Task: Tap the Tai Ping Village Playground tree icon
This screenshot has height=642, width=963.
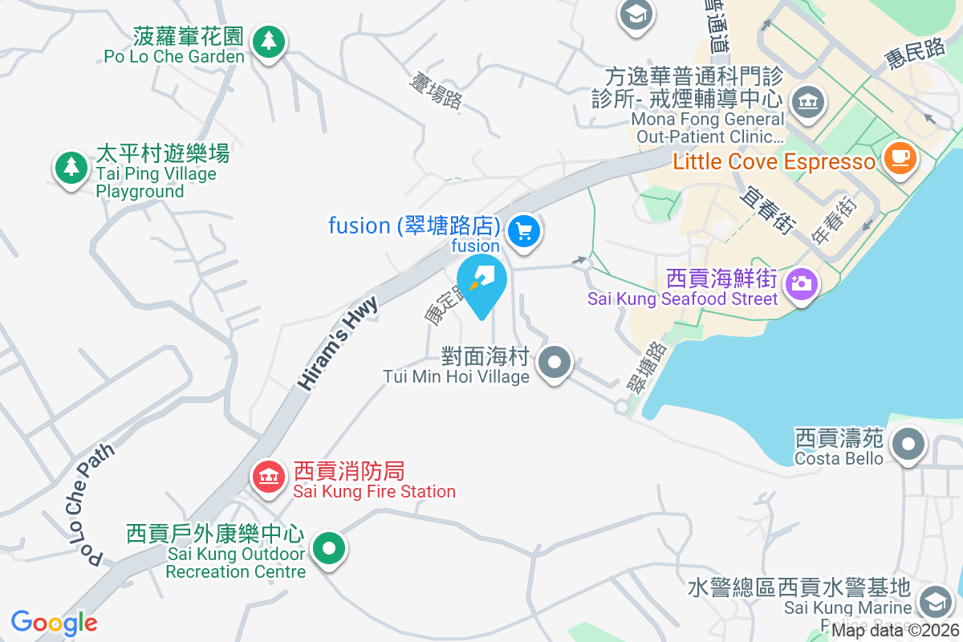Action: pyautogui.click(x=71, y=167)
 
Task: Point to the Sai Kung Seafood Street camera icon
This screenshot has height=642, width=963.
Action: pyautogui.click(x=800, y=283)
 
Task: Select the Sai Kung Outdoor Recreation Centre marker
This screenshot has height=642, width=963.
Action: pyautogui.click(x=327, y=550)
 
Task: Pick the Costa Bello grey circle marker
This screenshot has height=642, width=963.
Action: pyautogui.click(x=908, y=443)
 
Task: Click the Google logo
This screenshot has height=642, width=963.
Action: pyautogui.click(x=54, y=623)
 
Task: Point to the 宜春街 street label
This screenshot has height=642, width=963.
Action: pyautogui.click(x=767, y=210)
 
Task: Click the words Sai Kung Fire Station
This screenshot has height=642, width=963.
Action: pyautogui.click(x=374, y=491)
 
